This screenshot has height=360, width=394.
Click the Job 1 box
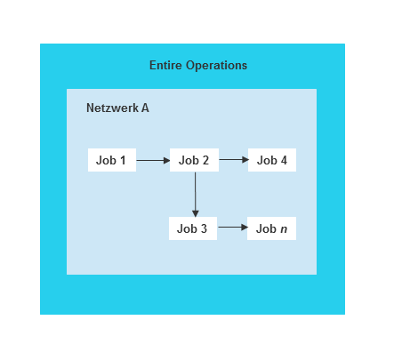111,161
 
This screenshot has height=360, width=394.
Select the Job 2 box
194,161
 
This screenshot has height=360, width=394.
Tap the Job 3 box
193,228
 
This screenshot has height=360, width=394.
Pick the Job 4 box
271,161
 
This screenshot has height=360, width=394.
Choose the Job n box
271,228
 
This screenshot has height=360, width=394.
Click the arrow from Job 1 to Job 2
152,161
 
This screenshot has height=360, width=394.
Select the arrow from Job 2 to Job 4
232,161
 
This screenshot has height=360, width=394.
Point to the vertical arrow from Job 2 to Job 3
194,194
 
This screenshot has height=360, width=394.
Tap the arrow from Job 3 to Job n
231,228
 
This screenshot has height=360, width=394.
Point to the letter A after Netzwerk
145,108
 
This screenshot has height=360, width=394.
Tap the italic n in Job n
284,229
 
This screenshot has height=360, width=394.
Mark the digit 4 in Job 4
284,161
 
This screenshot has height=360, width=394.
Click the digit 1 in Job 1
123,161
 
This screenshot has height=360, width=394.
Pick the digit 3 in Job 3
204,228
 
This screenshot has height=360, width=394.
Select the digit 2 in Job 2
205,161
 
